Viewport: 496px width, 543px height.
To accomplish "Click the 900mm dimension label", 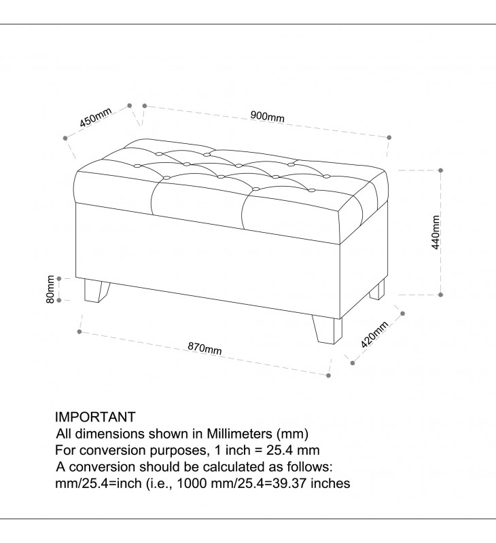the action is point(267,116).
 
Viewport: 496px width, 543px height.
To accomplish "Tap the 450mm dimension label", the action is point(96,117).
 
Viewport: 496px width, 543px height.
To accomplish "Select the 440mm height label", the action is point(436,232).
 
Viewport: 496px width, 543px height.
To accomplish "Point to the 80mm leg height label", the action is point(50,289).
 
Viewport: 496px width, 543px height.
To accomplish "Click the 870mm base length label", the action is point(205,348).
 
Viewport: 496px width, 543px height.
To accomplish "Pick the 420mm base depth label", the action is point(374,335).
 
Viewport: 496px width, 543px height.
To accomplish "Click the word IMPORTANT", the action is point(95,417).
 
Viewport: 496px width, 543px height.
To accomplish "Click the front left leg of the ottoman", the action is point(96,292).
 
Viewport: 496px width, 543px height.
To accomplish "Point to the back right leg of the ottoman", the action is point(377,290).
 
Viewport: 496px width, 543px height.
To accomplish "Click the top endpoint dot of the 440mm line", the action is point(440,170).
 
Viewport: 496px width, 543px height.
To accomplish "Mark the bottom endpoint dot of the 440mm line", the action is point(440,295).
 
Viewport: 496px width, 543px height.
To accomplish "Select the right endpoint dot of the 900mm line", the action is point(389,138).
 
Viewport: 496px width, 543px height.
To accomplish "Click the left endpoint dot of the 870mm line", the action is point(79,332).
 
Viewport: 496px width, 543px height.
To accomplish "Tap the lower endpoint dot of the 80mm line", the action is point(59,300).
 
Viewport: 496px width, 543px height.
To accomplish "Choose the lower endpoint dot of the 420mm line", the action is point(353,363).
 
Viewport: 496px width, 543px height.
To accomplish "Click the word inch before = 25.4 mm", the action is point(238,450).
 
